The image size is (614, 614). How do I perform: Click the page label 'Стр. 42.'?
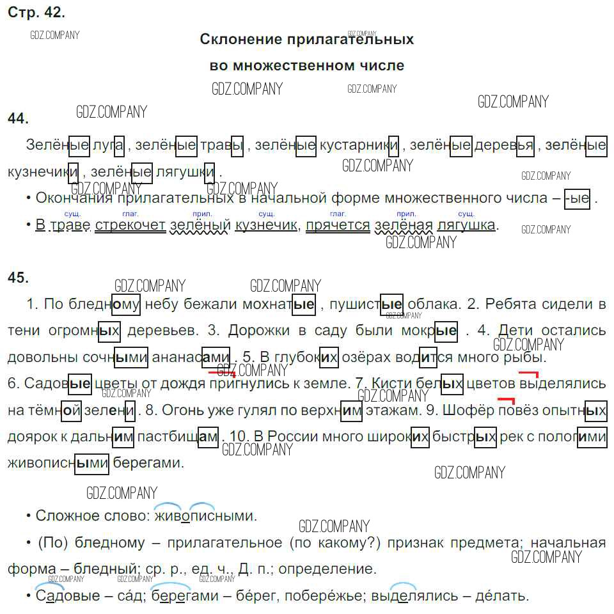point(36,12)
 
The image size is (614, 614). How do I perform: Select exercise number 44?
point(18,118)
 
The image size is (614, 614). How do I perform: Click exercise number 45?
point(18,277)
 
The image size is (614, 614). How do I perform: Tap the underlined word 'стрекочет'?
point(130,225)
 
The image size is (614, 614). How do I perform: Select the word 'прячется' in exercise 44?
point(338,225)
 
